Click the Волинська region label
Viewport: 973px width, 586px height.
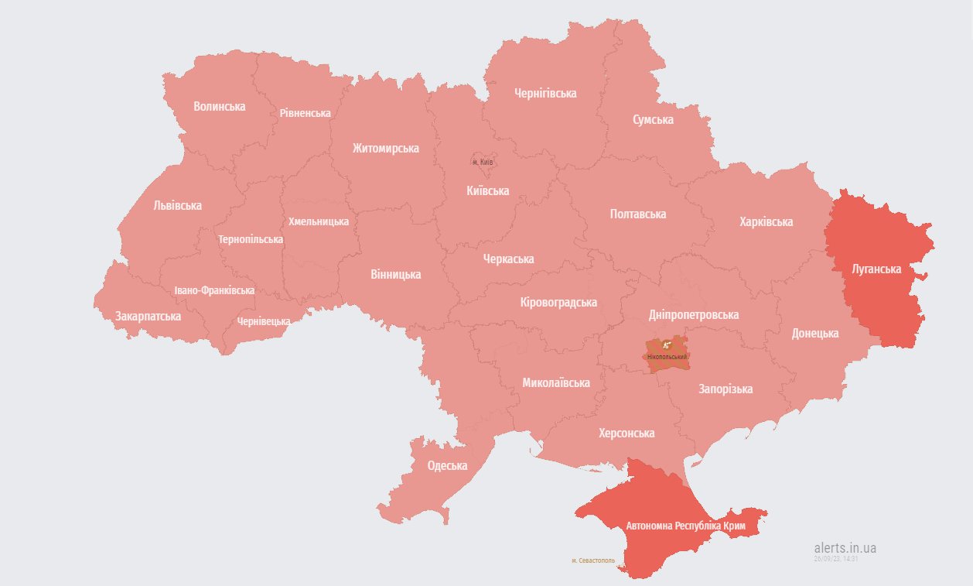220,107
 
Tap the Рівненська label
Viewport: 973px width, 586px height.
305,113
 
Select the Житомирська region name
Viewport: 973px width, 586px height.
385,148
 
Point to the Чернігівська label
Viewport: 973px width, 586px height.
545,94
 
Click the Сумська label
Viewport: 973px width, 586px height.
653,120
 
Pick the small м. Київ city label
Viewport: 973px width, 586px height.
482,162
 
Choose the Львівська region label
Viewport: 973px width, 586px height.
177,206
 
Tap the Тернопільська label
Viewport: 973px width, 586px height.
250,239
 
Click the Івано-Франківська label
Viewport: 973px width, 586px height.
214,290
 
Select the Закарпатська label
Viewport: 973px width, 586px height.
148,317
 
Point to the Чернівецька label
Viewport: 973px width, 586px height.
264,321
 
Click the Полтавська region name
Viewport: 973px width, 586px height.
637,214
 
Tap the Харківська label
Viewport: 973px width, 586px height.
766,222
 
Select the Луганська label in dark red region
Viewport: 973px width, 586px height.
876,269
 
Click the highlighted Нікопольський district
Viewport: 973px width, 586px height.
667,352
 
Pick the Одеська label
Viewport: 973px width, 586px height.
447,466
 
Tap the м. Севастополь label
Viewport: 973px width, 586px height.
592,560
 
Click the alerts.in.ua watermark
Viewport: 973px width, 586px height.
845,547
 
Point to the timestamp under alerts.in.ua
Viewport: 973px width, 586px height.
835,558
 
